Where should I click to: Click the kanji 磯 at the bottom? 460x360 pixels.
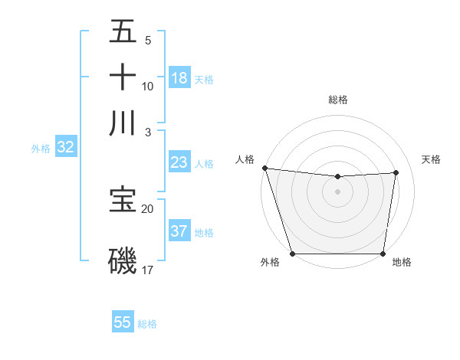123,260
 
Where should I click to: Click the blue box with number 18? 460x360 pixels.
179,78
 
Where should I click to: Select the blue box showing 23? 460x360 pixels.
179,162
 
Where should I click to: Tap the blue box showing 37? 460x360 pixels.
179,231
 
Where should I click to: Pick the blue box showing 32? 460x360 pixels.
65,148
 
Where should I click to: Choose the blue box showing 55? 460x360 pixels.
123,322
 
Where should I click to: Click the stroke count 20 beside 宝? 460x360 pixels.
148,208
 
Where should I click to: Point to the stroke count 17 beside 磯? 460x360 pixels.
148,270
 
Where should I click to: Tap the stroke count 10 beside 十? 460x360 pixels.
148,86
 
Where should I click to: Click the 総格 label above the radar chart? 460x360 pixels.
337,100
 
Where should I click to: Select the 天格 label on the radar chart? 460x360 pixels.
431,159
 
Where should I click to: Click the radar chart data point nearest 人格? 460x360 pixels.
264,168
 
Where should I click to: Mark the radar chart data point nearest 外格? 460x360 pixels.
293,254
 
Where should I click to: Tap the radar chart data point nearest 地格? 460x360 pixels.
383,254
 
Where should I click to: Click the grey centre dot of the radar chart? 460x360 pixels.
337,191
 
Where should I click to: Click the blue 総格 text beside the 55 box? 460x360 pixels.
147,324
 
